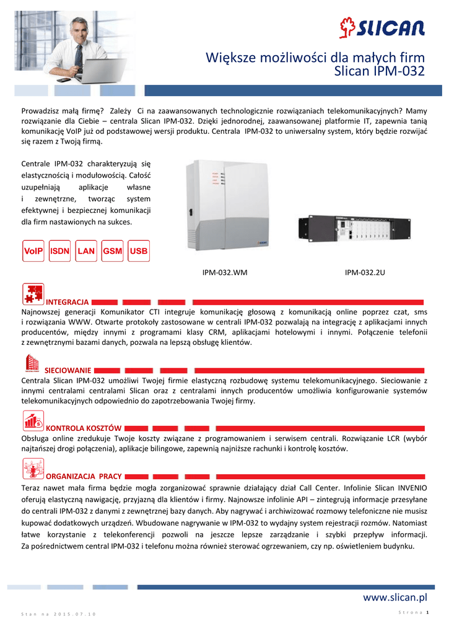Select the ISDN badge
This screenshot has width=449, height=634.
coord(60,251)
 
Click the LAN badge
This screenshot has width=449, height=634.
coord(87,251)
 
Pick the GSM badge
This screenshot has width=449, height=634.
coord(113,251)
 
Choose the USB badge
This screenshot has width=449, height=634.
coord(139,251)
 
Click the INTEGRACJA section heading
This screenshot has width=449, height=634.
coord(68,302)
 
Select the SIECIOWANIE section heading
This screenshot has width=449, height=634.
coord(68,370)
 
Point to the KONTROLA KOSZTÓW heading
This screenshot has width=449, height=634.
coord(84,428)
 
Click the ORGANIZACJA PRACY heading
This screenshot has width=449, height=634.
coord(84,476)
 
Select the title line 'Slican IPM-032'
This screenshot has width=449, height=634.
coord(379,72)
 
